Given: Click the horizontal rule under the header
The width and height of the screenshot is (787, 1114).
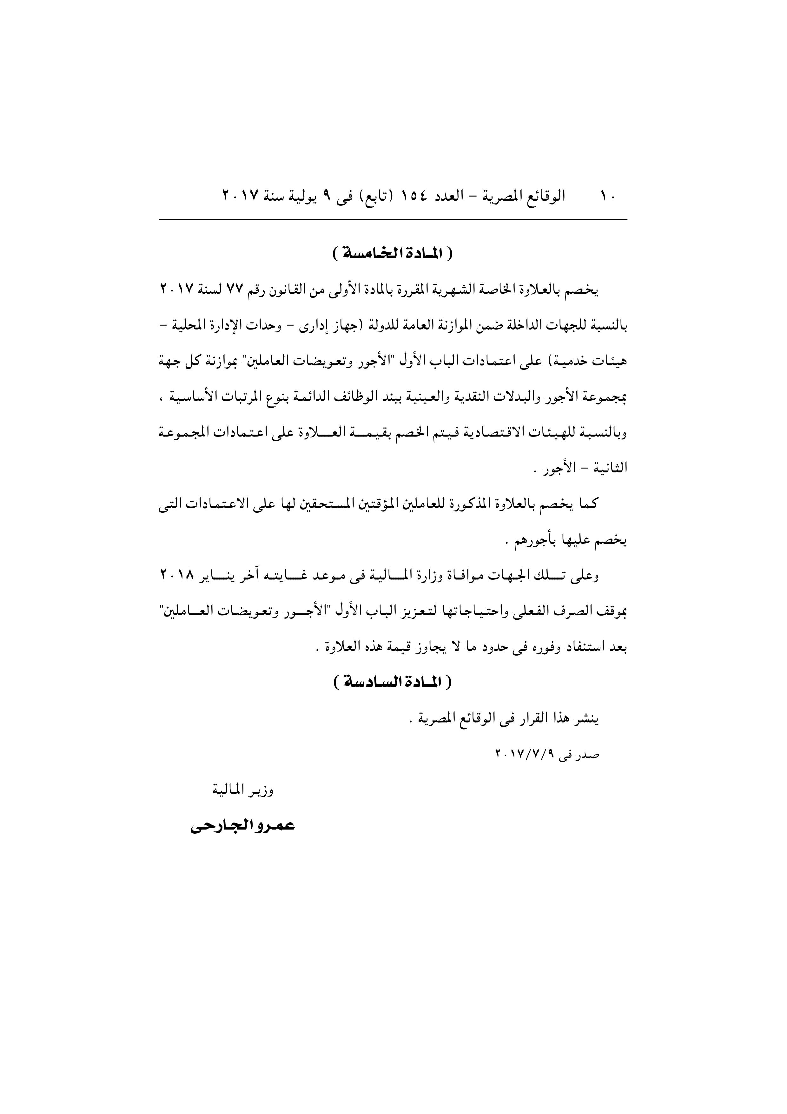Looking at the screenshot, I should tap(393, 220).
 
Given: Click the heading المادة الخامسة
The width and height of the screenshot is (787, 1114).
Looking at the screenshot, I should tap(393, 254).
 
